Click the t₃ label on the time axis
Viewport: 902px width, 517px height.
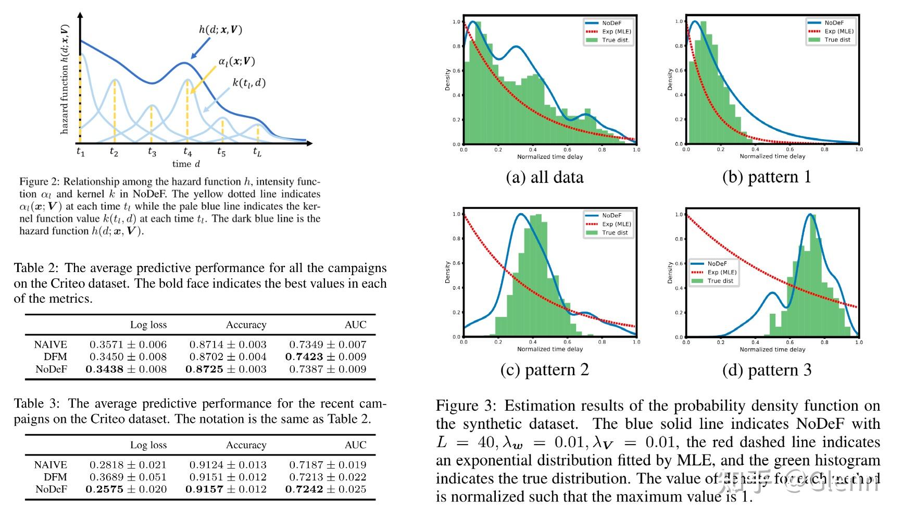pos(152,152)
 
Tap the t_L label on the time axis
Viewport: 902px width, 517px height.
pos(257,152)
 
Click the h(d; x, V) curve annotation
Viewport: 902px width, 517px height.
pos(220,29)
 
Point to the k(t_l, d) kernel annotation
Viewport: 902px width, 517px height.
pos(248,82)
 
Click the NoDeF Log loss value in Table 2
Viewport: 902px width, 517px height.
pos(126,369)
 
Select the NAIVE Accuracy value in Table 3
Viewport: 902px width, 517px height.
pos(228,464)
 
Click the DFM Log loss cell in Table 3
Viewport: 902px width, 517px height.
pos(128,477)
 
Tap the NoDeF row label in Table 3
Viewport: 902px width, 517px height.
pos(51,489)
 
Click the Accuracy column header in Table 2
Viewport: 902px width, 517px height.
pos(246,325)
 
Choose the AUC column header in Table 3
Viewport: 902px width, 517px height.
pos(355,445)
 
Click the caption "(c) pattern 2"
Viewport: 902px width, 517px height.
pos(544,370)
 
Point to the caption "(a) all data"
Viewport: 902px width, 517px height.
pos(544,177)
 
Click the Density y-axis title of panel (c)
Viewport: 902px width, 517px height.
pos(447,272)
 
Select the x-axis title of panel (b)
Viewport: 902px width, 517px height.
pos(772,156)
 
